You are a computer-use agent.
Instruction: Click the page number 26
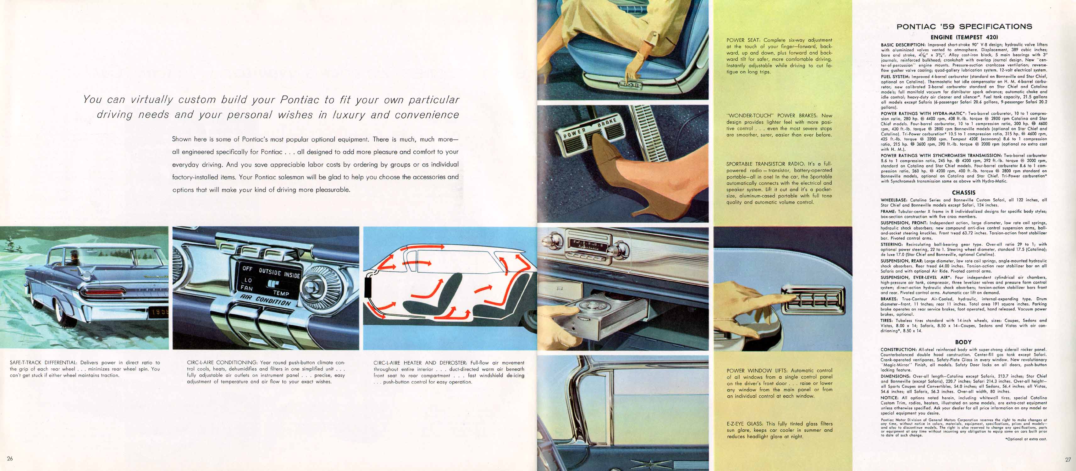click(10, 458)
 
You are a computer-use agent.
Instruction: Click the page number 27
click(1068, 460)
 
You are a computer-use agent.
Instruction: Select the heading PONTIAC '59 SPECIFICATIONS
click(964, 27)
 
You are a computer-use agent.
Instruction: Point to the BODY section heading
click(963, 342)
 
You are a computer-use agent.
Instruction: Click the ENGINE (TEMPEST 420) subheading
click(964, 37)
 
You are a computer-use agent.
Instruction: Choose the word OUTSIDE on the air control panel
click(270, 271)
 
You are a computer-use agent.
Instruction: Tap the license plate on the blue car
click(158, 311)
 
